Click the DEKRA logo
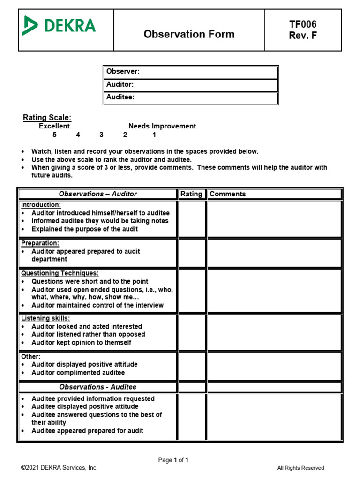tap(59, 26)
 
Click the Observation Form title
tap(189, 34)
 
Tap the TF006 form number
tap(303, 24)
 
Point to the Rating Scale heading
tap(47, 118)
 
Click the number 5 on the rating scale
tap(54, 135)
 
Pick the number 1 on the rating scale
tap(154, 135)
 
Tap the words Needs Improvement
tap(162, 126)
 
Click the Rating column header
tap(191, 194)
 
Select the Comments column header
tap(227, 194)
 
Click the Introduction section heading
tap(41, 205)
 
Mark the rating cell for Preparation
tap(192, 253)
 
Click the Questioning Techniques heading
tap(60, 273)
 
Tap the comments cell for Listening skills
tap(275, 332)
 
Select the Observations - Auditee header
tap(97, 387)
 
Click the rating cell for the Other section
tap(192, 366)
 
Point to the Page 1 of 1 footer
tap(173, 460)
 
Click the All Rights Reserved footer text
tap(300, 468)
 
